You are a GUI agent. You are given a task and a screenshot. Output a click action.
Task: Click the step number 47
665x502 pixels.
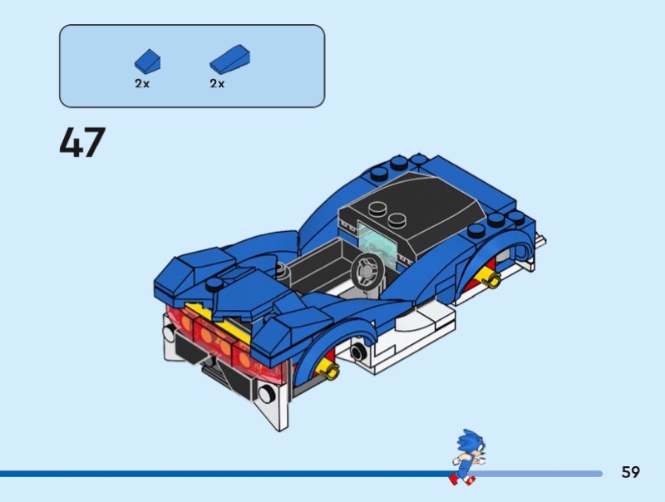click(82, 142)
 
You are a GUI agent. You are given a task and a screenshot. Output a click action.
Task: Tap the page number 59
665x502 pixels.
click(631, 472)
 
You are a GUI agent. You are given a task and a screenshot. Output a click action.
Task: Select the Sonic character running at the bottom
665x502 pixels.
click(465, 456)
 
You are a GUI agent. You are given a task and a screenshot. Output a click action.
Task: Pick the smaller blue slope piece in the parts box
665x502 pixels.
click(147, 61)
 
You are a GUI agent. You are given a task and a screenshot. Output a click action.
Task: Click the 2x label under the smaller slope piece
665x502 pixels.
click(142, 84)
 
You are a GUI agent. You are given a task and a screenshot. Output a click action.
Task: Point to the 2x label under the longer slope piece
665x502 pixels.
click(218, 84)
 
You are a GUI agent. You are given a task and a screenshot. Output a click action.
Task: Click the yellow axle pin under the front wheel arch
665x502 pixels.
click(330, 367)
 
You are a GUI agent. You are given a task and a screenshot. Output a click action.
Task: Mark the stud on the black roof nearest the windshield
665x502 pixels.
click(377, 211)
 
